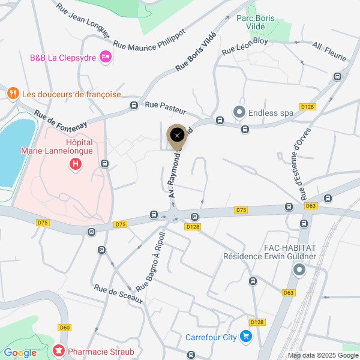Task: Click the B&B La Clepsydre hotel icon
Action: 106,56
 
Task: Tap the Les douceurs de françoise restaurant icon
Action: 13,94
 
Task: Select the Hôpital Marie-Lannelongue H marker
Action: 76,164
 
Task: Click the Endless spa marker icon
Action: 239,112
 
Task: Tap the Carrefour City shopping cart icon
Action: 245,337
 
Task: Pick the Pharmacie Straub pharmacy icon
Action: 59,351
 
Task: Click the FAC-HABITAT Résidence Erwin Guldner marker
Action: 299,271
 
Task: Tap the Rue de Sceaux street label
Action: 118,293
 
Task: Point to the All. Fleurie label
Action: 330,52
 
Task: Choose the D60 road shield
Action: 65,327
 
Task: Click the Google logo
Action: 20,352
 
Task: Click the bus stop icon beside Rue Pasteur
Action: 134,106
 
